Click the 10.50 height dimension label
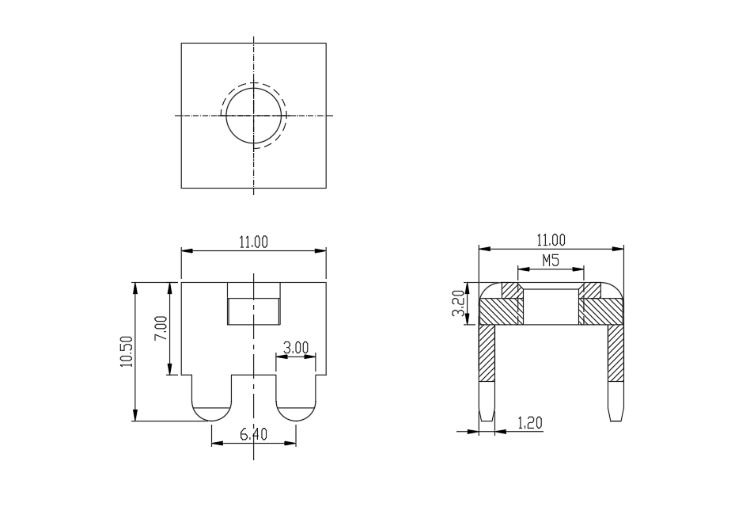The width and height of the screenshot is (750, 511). (127, 352)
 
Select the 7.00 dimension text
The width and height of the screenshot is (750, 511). (161, 327)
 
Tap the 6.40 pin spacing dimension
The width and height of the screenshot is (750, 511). (253, 434)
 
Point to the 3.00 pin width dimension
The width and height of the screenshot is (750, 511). (296, 348)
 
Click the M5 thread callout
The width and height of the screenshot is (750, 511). (551, 261)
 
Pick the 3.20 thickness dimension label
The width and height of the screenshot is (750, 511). (458, 303)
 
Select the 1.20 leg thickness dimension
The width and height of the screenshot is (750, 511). (530, 423)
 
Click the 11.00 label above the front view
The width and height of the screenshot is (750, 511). (253, 242)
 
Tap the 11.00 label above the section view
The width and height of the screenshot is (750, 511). (551, 240)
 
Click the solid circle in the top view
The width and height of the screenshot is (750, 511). (253, 88)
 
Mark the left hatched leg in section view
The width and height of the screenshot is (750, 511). (487, 353)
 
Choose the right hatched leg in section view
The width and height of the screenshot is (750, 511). (616, 353)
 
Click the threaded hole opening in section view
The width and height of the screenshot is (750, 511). (551, 307)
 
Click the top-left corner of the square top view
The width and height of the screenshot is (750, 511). (181, 43)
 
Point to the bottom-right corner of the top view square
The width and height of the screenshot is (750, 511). (326, 188)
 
